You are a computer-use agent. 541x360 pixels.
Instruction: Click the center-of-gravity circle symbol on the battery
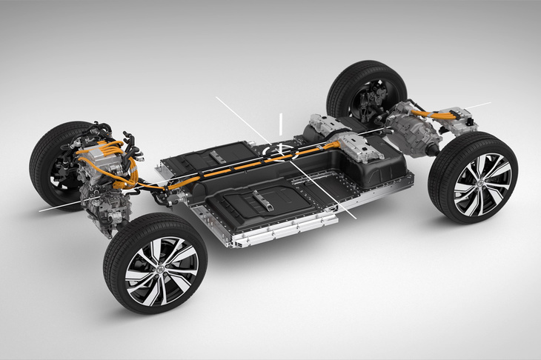tap(280, 150)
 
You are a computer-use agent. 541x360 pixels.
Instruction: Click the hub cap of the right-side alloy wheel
tap(482, 182)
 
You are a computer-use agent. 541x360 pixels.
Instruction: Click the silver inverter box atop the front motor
tap(96, 160)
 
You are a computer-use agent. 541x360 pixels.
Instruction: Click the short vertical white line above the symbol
tap(280, 122)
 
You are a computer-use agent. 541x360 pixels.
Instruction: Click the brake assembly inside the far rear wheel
tap(371, 96)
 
